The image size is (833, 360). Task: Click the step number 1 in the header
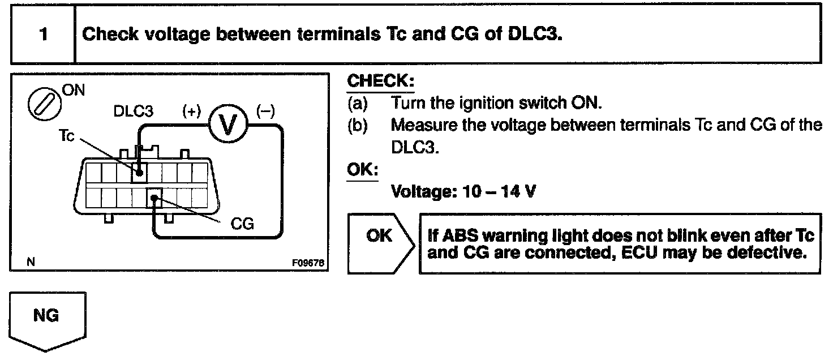(43, 33)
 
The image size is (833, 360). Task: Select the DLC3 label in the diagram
(133, 111)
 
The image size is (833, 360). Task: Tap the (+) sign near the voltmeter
(191, 111)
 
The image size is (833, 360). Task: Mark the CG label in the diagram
(243, 224)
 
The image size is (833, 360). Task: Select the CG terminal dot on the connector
(154, 198)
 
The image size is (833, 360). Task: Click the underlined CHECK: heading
(380, 81)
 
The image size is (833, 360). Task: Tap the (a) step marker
(358, 103)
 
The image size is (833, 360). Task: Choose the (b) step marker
(358, 125)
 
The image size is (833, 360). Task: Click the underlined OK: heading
(362, 169)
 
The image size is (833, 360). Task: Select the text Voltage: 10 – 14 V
(463, 192)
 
